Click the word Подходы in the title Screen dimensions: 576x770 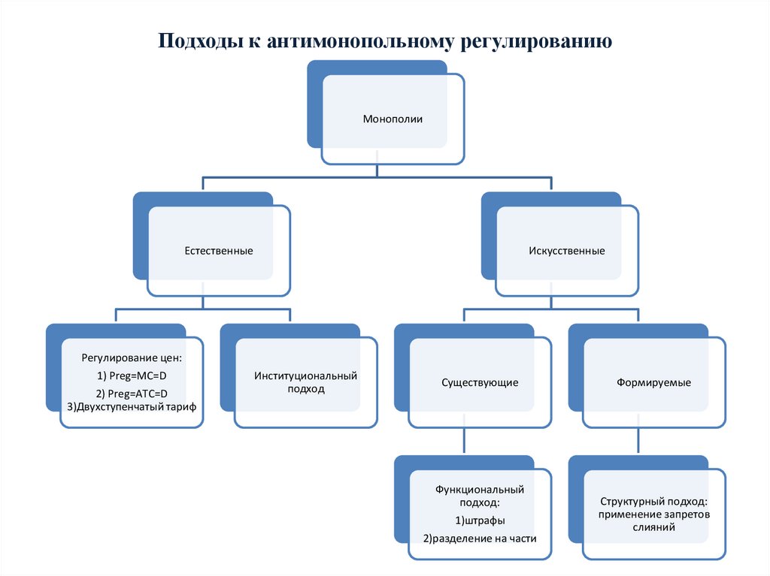coord(199,41)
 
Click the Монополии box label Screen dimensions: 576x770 coord(393,119)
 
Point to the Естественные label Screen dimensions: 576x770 coord(219,250)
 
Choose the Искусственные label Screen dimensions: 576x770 coord(566,250)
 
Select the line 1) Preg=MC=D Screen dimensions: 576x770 coord(132,375)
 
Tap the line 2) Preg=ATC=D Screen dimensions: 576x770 coord(132,394)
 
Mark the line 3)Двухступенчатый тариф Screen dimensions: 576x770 coord(132,406)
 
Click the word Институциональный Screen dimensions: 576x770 coord(305,375)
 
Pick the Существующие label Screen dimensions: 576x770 coord(479,382)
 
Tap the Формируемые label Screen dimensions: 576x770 coord(653,382)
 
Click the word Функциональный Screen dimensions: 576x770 coord(479,489)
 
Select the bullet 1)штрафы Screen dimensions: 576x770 coord(479,520)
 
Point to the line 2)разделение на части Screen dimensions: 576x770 coord(479,538)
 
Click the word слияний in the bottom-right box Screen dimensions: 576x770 coord(653,527)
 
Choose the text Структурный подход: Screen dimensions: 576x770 coord(653,501)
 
